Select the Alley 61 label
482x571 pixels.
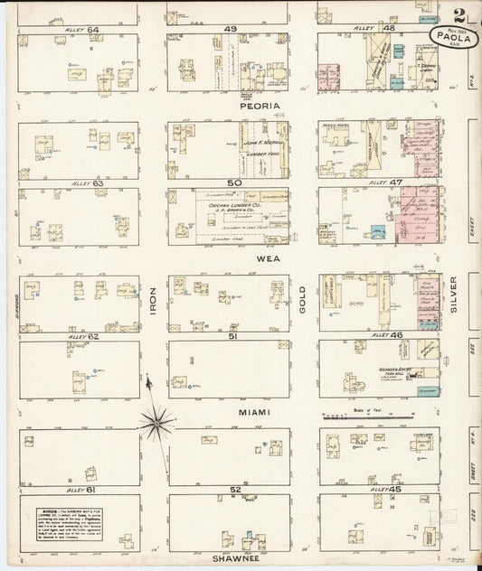(x=80, y=489)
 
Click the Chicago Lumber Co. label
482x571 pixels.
(x=232, y=206)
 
